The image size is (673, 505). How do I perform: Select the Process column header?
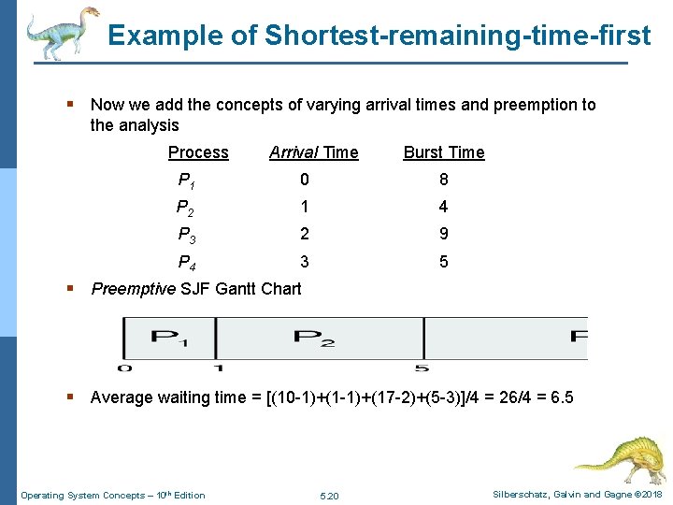click(x=198, y=152)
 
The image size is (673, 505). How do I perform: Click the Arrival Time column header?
click(x=313, y=152)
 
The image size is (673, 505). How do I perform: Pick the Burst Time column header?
click(x=443, y=152)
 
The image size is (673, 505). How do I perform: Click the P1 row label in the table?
click(x=186, y=180)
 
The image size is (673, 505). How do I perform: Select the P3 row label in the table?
click(x=188, y=235)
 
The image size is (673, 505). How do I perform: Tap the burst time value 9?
click(x=443, y=235)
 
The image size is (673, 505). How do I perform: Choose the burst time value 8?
click(x=443, y=180)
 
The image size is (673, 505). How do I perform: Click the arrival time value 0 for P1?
click(x=304, y=180)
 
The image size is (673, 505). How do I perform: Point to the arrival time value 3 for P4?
click(x=304, y=262)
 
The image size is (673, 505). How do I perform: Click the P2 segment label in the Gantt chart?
click(x=314, y=337)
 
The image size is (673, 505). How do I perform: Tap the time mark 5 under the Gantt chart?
click(x=423, y=368)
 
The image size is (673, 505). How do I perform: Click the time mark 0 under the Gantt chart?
click(x=123, y=368)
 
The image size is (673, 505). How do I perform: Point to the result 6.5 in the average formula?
click(x=562, y=397)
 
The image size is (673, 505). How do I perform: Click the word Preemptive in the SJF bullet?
click(x=133, y=288)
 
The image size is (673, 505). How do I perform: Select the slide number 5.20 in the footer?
click(x=329, y=495)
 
